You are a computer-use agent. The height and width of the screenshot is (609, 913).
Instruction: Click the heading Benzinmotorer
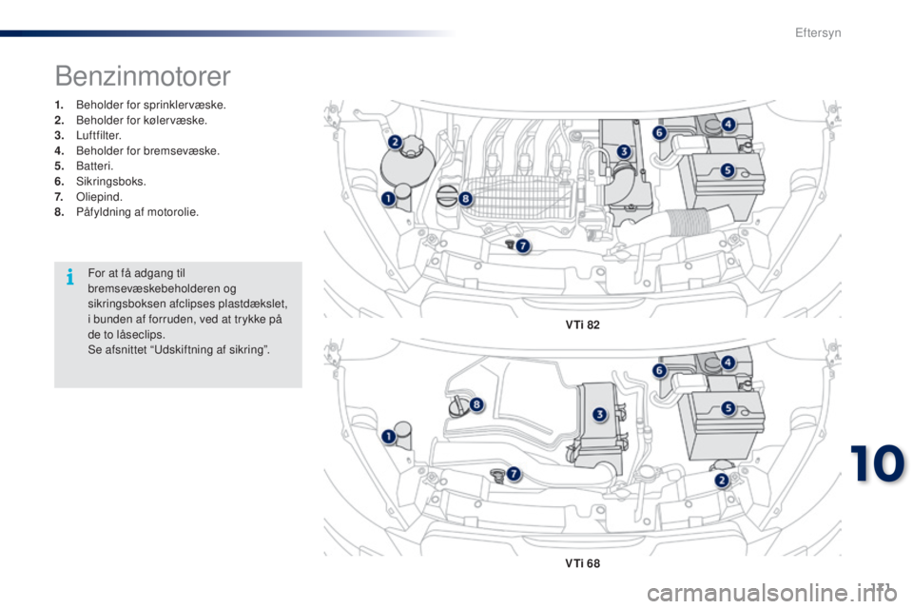click(143, 76)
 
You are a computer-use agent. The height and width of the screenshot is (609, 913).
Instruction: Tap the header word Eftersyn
click(818, 32)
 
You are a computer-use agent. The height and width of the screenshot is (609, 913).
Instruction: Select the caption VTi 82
click(582, 324)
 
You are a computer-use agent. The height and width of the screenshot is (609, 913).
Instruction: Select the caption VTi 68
click(582, 563)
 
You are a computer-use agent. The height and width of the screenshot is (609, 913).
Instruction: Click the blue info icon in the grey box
click(70, 277)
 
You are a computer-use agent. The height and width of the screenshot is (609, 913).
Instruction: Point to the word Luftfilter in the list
click(98, 135)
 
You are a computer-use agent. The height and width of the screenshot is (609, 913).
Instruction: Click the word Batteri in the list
click(94, 167)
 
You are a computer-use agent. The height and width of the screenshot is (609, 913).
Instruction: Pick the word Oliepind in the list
click(99, 197)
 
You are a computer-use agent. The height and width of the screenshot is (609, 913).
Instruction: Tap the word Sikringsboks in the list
click(110, 181)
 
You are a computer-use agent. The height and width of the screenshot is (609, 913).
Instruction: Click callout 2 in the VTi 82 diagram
click(395, 142)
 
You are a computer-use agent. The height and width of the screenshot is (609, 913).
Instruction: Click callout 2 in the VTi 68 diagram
click(722, 481)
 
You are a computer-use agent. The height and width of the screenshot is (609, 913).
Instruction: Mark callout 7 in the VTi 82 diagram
click(522, 246)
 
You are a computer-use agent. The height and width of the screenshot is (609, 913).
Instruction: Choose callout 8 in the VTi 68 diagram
click(476, 403)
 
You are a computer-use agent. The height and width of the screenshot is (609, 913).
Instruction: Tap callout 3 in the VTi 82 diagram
click(624, 151)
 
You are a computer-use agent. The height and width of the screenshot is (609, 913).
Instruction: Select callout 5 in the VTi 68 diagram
click(728, 408)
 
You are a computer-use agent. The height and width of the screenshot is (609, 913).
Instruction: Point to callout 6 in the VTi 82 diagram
click(659, 133)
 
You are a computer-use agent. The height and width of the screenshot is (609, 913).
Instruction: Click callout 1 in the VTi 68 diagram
click(388, 437)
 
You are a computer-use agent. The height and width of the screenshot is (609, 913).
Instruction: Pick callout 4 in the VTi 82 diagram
click(728, 124)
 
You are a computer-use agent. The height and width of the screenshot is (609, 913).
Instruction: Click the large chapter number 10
click(878, 464)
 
